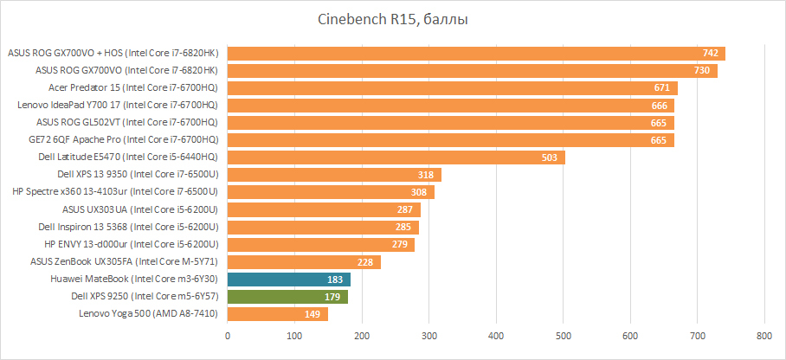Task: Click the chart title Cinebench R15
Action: (x=392, y=20)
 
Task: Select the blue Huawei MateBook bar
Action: (x=289, y=280)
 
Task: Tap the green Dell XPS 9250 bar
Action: (x=287, y=297)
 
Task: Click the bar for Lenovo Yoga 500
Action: (x=278, y=314)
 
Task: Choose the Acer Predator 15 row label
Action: (x=132, y=88)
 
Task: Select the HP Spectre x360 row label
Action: (x=114, y=192)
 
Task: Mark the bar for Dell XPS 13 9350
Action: (x=334, y=175)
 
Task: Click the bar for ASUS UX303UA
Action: (x=324, y=209)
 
